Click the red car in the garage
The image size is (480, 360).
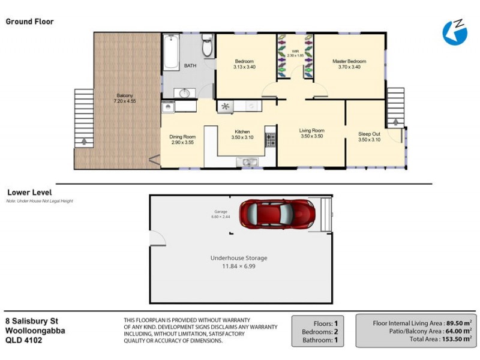click(277, 213)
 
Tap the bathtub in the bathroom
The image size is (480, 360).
click(171, 53)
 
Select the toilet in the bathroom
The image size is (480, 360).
click(206, 46)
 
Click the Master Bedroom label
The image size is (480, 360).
click(349, 61)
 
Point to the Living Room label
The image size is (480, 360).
click(312, 131)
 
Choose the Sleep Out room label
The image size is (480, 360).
click(369, 134)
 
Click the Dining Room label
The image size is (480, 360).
click(183, 137)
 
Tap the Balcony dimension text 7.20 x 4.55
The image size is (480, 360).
click(125, 101)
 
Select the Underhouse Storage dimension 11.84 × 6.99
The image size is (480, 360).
click(238, 266)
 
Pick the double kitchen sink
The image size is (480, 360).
click(247, 161)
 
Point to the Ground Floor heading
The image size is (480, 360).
click(29, 22)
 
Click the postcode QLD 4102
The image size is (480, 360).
click(23, 340)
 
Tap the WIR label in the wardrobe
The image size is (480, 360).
click(295, 52)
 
